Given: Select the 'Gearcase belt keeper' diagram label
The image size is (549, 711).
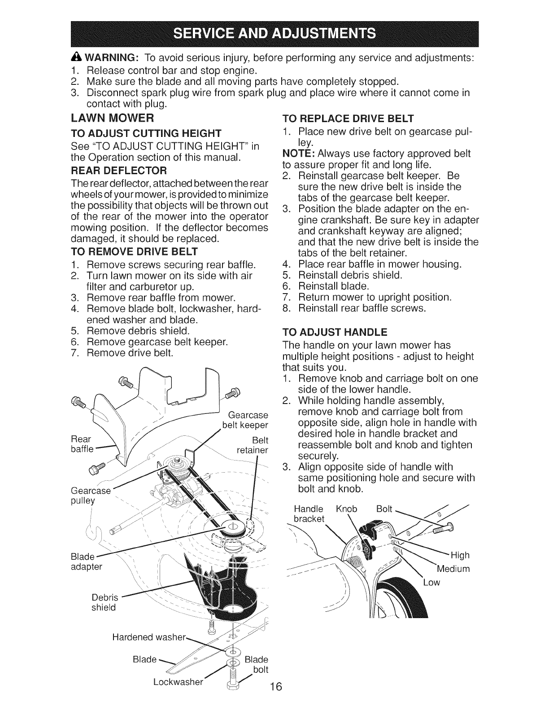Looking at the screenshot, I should (246, 420).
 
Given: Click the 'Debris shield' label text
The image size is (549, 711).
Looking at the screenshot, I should (104, 602).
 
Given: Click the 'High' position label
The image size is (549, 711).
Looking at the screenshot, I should (459, 556).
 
